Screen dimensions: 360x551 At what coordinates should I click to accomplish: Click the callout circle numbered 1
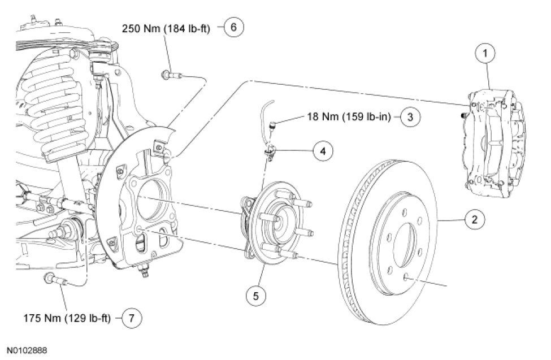485,54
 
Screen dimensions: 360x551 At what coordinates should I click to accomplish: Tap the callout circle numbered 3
410,118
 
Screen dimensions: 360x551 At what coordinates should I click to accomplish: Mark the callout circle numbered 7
132,318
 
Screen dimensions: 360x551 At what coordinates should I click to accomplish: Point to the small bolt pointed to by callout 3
272,125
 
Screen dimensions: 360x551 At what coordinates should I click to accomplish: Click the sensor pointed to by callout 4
271,151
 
